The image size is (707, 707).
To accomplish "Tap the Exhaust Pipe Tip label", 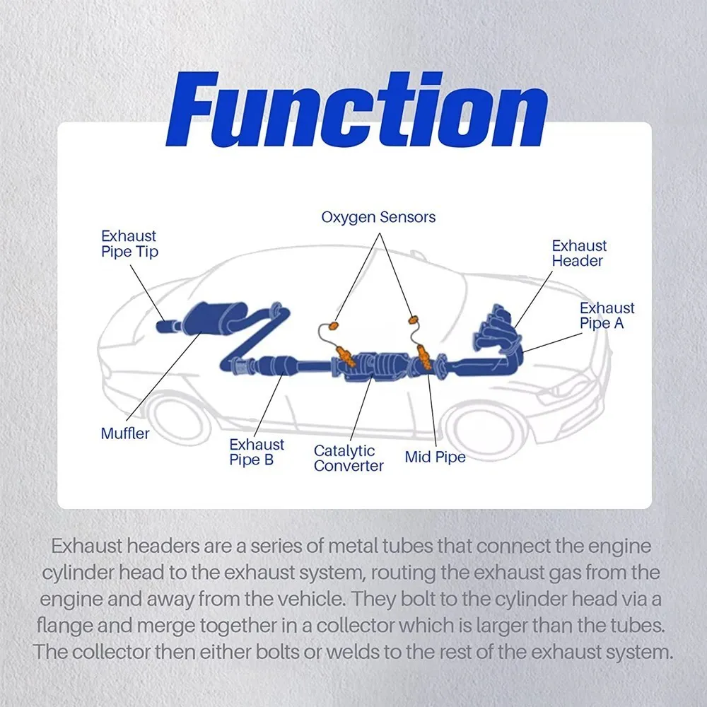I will point(129,244).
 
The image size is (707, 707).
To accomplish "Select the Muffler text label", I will point(125,433).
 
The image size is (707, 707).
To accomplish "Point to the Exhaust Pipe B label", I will point(257,452).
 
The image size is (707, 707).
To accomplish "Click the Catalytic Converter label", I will point(349,458).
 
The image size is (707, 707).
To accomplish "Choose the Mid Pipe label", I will point(435,457).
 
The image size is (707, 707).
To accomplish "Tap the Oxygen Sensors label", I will point(378,217).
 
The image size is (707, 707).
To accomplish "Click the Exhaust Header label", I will point(579,253).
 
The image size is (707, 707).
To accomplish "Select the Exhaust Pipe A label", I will point(607,315).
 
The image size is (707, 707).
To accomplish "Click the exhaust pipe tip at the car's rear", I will point(166,325).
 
